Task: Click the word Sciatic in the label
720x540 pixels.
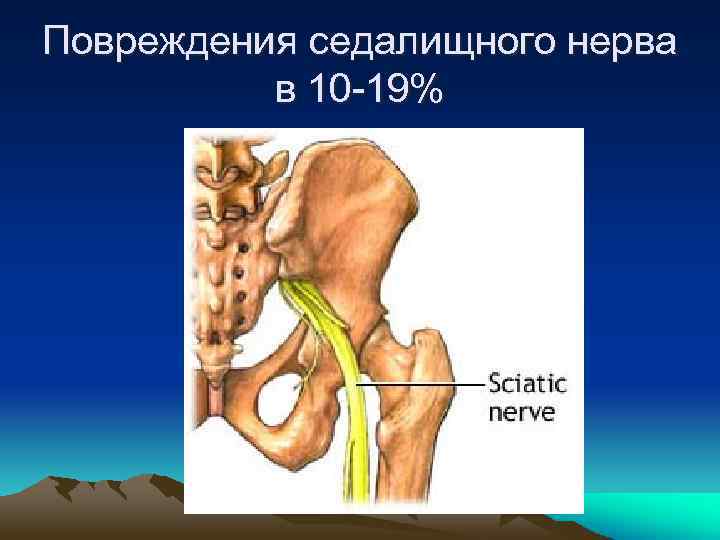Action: (526, 383)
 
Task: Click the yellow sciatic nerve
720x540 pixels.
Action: (349, 400)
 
